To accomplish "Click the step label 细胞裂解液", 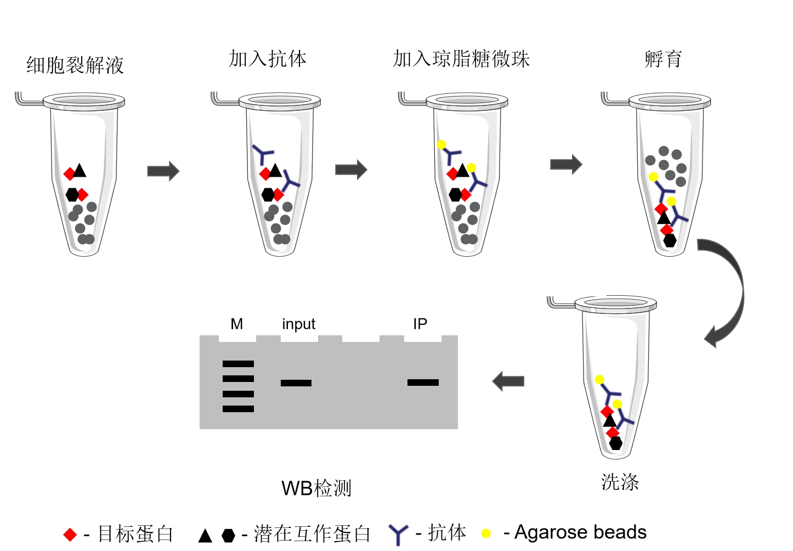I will (x=75, y=65).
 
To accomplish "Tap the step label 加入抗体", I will (x=267, y=59).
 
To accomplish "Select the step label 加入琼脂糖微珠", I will (x=461, y=59).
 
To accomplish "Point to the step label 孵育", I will (x=662, y=59).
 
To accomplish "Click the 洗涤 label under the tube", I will (x=620, y=482).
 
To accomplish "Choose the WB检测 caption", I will (x=316, y=488).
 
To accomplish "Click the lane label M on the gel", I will (x=236, y=324).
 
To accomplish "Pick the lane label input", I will (x=298, y=324).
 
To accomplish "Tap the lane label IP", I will (x=420, y=324).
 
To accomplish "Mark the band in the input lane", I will (x=296, y=383).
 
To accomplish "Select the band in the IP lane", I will (x=423, y=383).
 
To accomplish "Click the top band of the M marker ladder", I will (x=238, y=364).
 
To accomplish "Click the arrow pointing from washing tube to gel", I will (x=508, y=381).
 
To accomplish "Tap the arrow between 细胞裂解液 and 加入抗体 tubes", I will (x=163, y=171).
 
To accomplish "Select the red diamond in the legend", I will (x=70, y=535).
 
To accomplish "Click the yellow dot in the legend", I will (x=486, y=533).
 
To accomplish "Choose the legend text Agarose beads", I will (x=580, y=532).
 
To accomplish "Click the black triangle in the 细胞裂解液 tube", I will (x=80, y=171).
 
